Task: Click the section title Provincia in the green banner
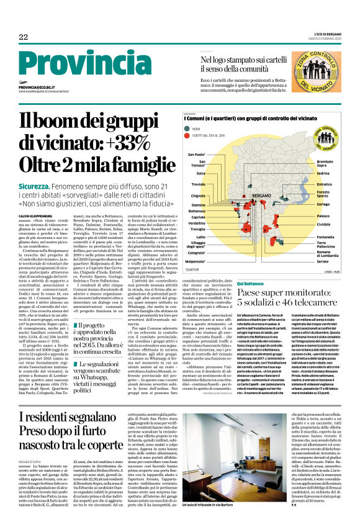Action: tap(73, 63)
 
